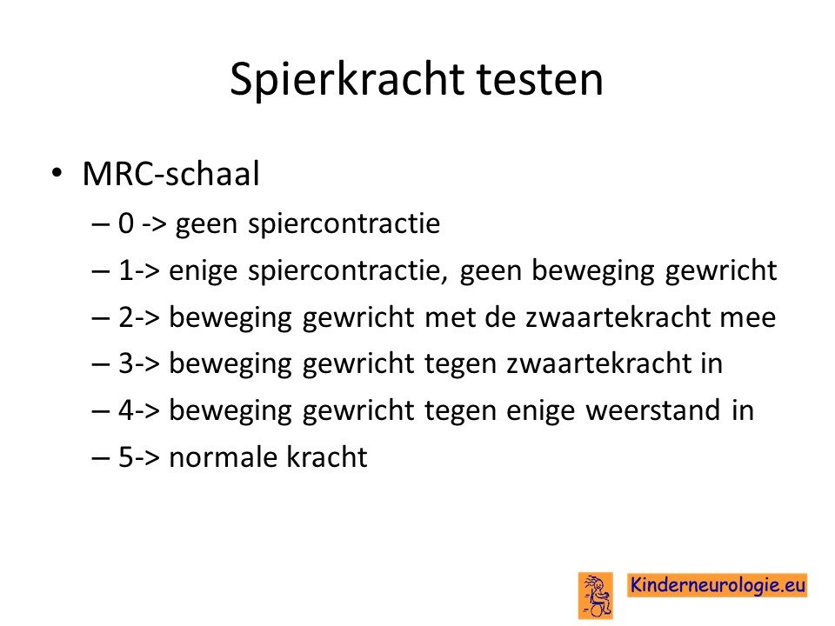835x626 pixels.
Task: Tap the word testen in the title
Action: [x=539, y=80]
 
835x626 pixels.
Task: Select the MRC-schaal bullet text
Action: [x=171, y=174]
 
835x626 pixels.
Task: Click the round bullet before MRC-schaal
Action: [x=57, y=173]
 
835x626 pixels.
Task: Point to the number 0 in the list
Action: [x=126, y=223]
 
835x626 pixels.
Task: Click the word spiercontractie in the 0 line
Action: [x=344, y=224]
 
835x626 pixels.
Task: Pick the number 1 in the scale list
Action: [x=125, y=270]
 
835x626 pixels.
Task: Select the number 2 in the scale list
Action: [x=125, y=316]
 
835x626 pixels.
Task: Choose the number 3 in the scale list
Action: [x=125, y=363]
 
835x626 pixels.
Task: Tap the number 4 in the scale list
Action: [x=126, y=410]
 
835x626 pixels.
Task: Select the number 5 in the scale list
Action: [x=125, y=456]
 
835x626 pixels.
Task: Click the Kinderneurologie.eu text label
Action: [x=718, y=585]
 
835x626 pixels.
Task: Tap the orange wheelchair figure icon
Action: [x=595, y=596]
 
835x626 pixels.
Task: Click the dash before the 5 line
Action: [x=100, y=458]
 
